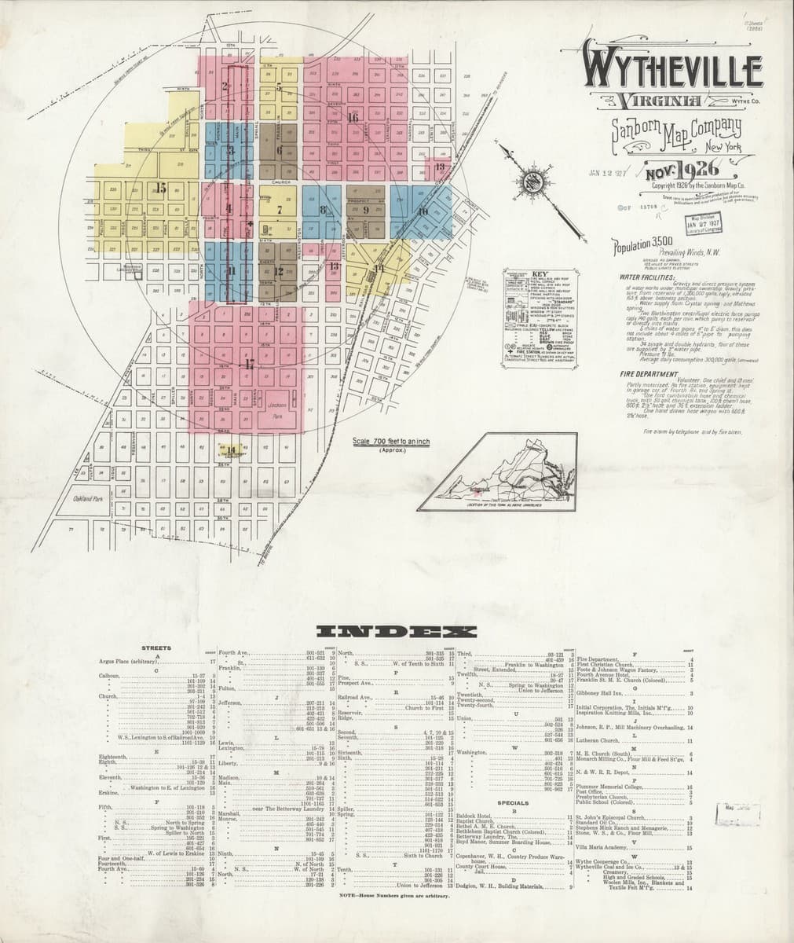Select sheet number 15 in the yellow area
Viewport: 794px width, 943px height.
[x=161, y=188]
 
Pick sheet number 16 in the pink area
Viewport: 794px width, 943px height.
[x=353, y=117]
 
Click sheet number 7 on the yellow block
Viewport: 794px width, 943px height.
[x=279, y=210]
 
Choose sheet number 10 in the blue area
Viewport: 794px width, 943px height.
[x=423, y=212]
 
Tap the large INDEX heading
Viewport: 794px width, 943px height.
[x=397, y=632]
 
